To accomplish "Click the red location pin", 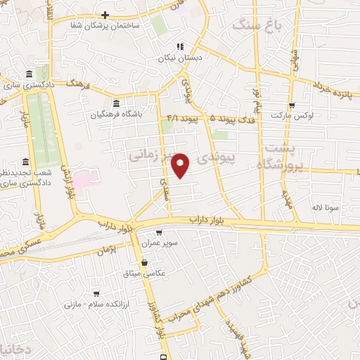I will (x=181, y=165).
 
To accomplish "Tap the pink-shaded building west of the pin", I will (x=82, y=177).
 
